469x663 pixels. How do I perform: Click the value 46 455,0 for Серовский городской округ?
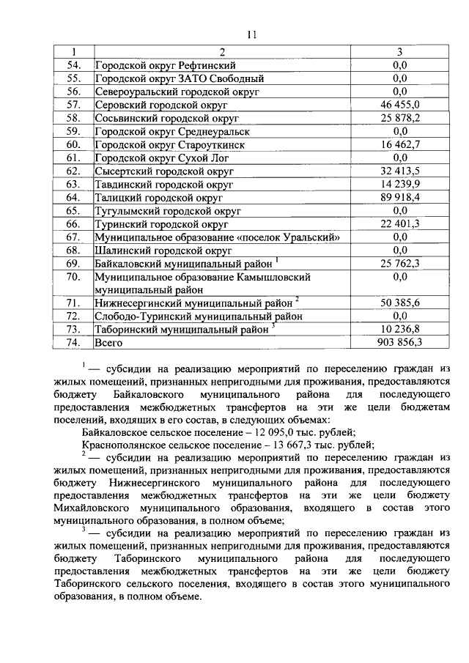pos(399,105)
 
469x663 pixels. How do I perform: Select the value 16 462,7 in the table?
pos(399,144)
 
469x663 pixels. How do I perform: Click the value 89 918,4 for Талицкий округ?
pos(399,197)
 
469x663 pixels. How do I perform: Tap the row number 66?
pos(73,223)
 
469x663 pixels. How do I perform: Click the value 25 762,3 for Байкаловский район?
pos(399,263)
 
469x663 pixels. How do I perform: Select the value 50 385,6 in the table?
pos(399,303)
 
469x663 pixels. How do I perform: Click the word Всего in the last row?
pos(108,342)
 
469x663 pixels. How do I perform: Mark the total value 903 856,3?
pos(399,342)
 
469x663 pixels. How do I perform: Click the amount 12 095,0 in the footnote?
pos(276,433)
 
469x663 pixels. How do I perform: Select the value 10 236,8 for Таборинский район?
pos(399,329)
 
